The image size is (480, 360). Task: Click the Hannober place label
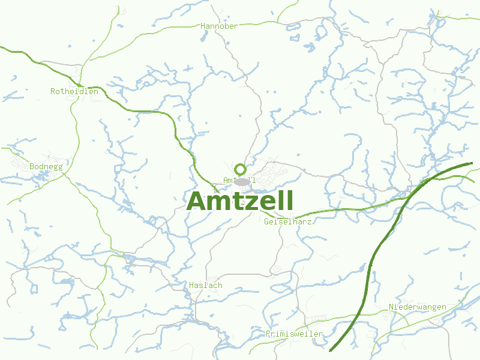pyautogui.click(x=220, y=26)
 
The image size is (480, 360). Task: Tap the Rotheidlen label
pyautogui.click(x=74, y=92)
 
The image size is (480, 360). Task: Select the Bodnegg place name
pyautogui.click(x=46, y=166)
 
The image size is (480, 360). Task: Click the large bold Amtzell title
pyautogui.click(x=240, y=202)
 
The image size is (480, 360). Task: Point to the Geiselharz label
pyautogui.click(x=288, y=221)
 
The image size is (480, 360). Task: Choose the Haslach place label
pyautogui.click(x=205, y=285)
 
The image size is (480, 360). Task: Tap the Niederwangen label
pyautogui.click(x=417, y=307)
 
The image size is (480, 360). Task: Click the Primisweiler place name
pyautogui.click(x=294, y=334)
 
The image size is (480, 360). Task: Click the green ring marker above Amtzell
pyautogui.click(x=241, y=169)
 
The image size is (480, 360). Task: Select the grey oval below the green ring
pyautogui.click(x=242, y=181)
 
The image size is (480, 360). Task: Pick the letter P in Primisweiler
pyautogui.click(x=268, y=334)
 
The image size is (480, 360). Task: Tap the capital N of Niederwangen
pyautogui.click(x=391, y=307)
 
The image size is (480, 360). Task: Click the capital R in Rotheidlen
pyautogui.click(x=53, y=92)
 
